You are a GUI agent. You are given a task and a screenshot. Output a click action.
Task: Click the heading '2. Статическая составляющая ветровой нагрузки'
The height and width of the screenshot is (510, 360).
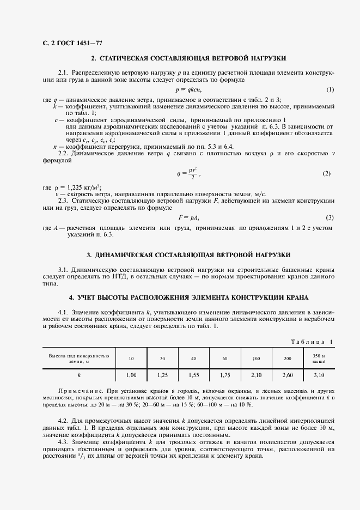point(188,58)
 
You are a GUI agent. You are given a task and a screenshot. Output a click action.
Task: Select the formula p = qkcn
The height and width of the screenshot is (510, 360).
point(188,89)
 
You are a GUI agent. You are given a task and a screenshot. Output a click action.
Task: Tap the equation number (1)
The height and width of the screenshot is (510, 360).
point(330,89)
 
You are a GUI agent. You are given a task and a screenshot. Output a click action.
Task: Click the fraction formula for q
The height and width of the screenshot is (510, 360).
point(188,173)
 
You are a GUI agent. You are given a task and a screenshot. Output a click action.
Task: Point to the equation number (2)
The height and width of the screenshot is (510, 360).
point(327,173)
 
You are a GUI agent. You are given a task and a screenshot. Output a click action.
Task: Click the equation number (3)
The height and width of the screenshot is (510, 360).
point(330,217)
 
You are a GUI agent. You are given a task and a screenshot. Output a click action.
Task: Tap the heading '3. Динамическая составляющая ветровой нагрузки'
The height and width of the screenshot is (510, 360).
point(188,254)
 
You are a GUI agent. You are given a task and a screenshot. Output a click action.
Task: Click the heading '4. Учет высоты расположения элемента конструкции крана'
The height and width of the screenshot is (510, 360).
point(188,297)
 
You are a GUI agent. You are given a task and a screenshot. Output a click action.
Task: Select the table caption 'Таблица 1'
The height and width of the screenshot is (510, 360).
point(312,342)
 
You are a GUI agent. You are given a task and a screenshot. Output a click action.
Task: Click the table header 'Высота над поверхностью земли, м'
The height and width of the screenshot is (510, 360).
point(79,358)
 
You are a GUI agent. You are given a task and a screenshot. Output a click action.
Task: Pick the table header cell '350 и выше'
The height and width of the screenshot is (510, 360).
point(319,358)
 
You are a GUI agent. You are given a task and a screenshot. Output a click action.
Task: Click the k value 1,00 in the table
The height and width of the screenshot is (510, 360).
point(131,375)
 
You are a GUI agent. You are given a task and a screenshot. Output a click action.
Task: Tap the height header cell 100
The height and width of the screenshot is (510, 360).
point(256,358)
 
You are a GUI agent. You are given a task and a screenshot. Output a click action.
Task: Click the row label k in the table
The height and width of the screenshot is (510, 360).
point(79,375)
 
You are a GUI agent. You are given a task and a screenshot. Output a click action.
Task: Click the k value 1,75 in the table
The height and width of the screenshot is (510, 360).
point(225,375)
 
